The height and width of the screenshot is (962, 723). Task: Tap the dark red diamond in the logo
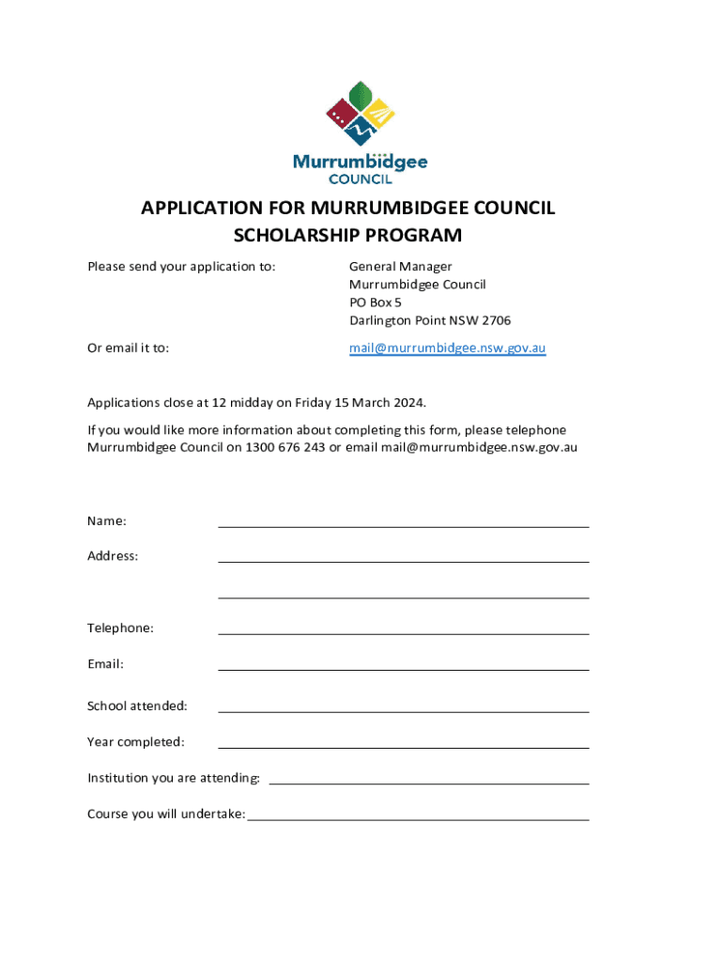(339, 117)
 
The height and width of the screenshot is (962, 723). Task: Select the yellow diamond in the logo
(379, 116)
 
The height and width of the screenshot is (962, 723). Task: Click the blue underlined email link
(447, 348)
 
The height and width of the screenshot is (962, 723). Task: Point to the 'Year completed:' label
(136, 742)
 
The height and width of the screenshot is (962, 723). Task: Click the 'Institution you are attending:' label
(174, 778)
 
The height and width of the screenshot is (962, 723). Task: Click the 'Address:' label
(113, 556)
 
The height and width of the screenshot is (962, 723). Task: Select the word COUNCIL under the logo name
(361, 178)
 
